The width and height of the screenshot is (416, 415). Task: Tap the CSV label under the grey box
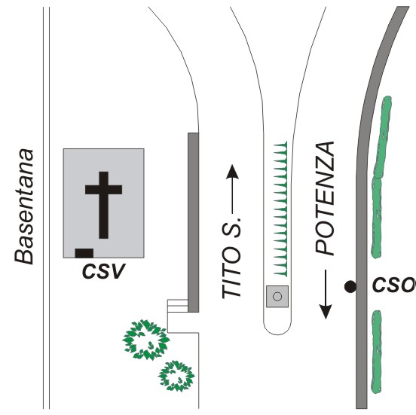point(103,271)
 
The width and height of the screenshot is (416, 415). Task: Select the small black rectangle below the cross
point(84,253)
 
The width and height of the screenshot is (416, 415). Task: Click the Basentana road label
point(24,206)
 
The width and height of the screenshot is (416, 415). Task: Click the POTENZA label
point(325,198)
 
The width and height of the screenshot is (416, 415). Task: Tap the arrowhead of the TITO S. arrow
point(233,172)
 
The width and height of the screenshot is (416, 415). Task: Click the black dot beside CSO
point(350,287)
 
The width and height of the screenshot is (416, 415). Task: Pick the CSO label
point(394,285)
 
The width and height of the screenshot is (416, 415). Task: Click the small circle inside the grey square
point(277,296)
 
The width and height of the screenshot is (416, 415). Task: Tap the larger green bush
point(146,340)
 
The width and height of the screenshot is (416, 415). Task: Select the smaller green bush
point(176,376)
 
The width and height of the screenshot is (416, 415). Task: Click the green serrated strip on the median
point(280,209)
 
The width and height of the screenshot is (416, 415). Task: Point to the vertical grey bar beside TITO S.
point(193,222)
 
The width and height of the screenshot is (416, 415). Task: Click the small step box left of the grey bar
point(178,306)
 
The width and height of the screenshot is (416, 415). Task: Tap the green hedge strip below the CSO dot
point(376,352)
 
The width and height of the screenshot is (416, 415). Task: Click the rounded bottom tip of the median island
point(277,334)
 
